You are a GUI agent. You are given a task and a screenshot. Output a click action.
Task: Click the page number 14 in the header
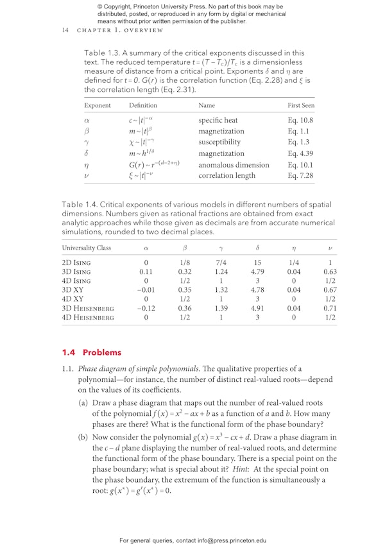pyautogui.click(x=65, y=30)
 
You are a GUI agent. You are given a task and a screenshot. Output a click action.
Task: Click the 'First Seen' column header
pyautogui.click(x=301, y=105)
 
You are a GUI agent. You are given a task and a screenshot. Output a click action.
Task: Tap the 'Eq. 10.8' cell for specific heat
pyautogui.click(x=301, y=120)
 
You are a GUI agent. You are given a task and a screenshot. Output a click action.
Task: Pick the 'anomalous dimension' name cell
pyautogui.click(x=234, y=165)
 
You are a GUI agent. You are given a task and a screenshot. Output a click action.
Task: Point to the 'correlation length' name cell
pyautogui.click(x=227, y=175)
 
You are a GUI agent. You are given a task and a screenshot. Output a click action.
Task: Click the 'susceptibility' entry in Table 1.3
pyautogui.click(x=219, y=142)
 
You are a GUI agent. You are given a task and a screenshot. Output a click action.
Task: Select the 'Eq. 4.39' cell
pyautogui.click(x=301, y=153)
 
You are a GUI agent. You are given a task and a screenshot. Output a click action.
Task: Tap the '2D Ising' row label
pyautogui.click(x=76, y=262)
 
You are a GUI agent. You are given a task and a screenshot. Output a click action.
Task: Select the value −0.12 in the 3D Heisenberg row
pyautogui.click(x=146, y=308)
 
